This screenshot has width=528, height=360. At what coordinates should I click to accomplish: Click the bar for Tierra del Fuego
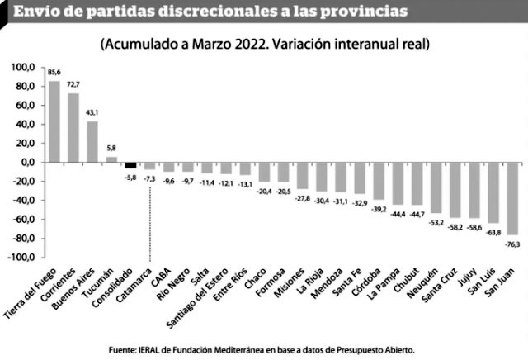coord(54,121)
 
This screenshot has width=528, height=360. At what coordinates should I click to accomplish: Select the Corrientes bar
coord(73,127)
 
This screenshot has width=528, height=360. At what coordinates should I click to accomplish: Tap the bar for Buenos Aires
coord(92,141)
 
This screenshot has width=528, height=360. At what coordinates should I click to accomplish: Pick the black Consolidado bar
coord(130,164)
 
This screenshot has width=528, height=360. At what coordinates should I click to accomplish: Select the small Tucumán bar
coord(111,159)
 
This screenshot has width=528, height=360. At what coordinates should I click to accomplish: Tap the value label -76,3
coord(511,244)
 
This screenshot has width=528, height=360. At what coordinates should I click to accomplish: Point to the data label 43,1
coord(92,113)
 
